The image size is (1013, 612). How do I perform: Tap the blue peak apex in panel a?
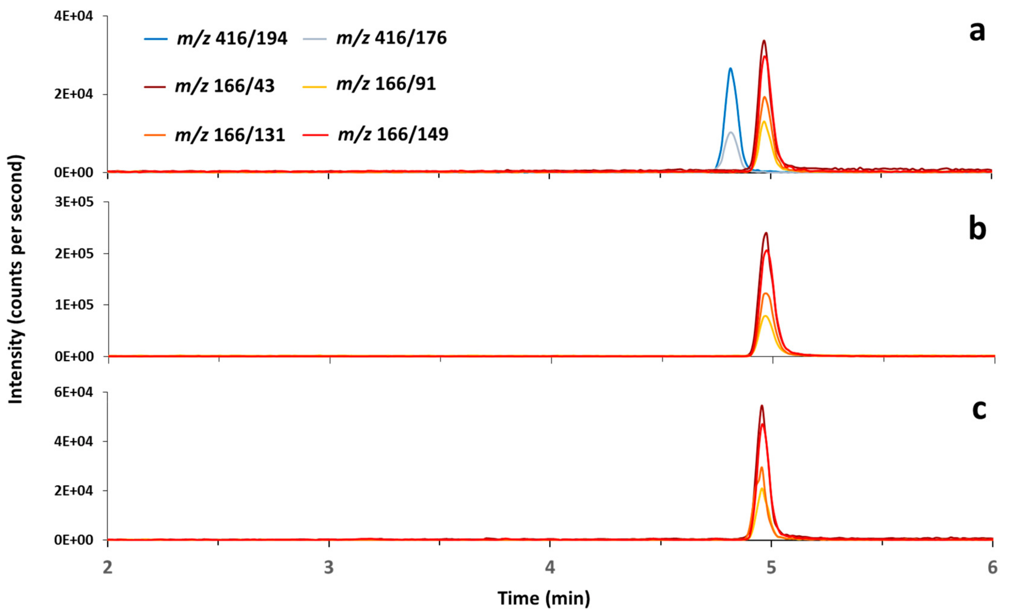click(730, 68)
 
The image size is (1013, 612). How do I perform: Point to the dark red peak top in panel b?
click(766, 233)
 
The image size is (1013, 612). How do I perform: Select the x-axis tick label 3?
click(328, 568)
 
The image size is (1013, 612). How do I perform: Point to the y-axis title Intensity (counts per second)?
click(16, 280)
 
